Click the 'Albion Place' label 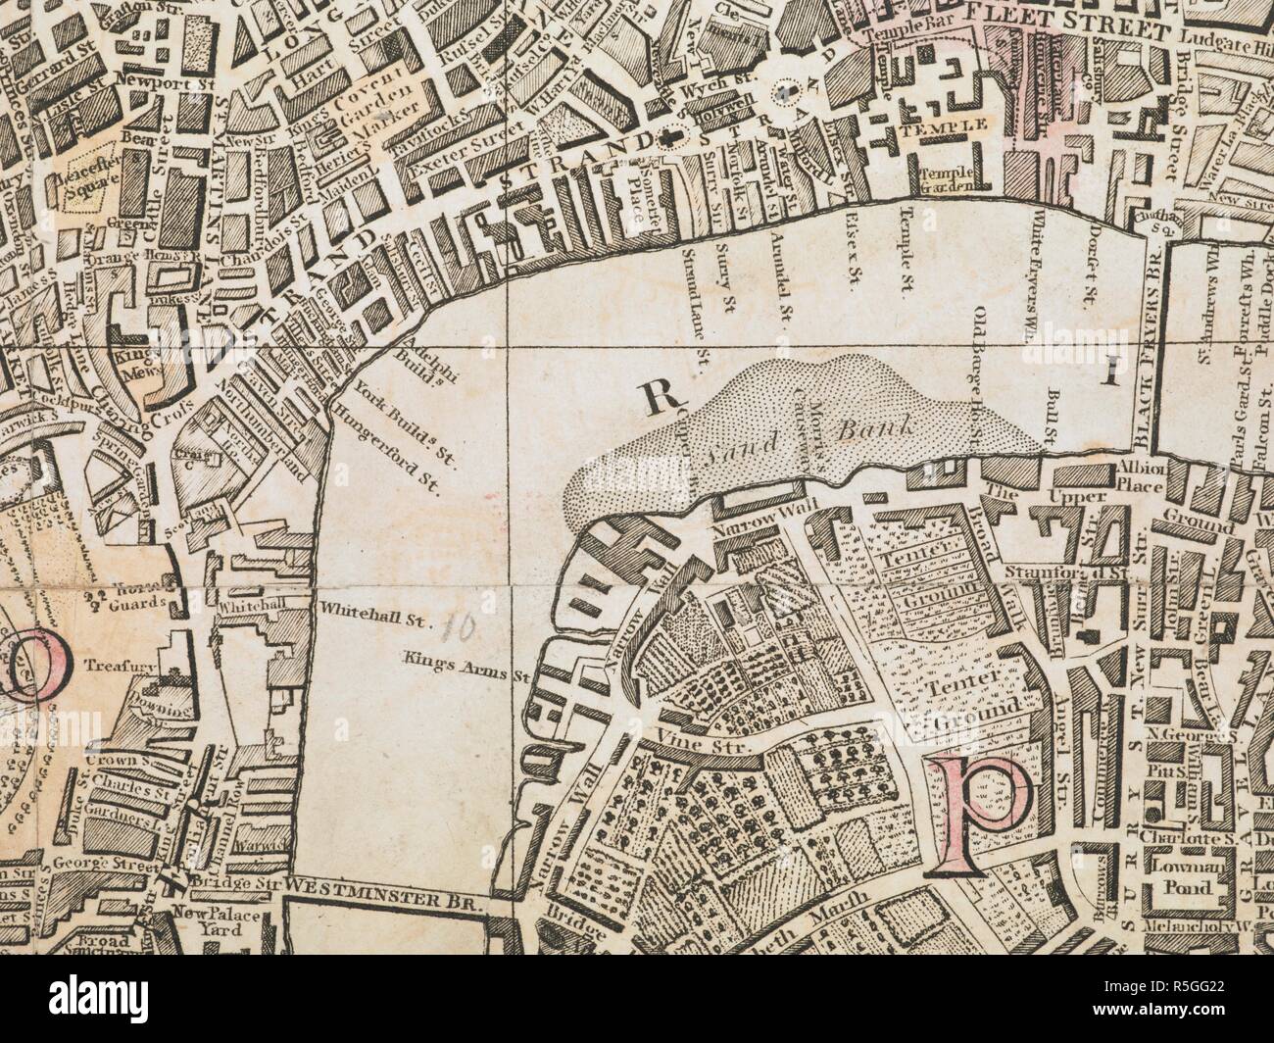pos(1141,475)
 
